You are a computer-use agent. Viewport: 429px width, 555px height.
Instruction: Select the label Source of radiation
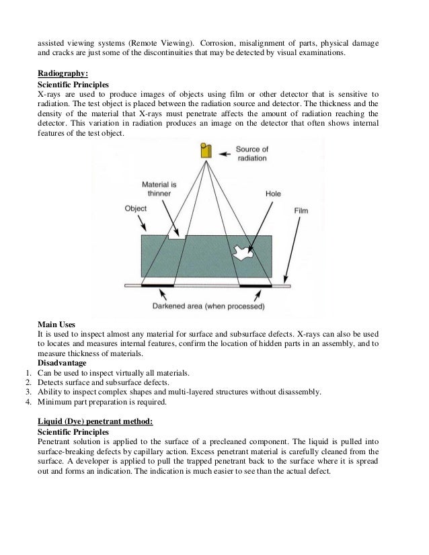251,153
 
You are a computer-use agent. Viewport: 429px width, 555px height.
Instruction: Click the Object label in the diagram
136,208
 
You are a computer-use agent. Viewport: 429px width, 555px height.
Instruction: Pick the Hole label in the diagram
273,193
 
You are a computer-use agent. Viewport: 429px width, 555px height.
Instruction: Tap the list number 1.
24,373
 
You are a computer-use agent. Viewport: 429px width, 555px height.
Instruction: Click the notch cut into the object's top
178,236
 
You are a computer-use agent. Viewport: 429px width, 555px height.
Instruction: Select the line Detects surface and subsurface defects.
102,382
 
